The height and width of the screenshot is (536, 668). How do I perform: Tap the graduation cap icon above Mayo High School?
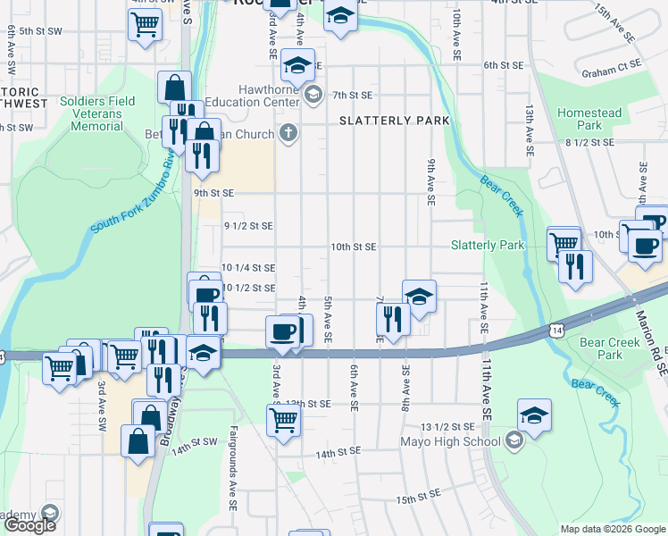click(534, 415)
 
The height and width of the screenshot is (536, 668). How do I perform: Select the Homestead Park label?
click(589, 119)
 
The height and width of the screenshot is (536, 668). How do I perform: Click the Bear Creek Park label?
click(601, 348)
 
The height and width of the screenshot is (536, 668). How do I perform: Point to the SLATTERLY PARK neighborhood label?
click(393, 121)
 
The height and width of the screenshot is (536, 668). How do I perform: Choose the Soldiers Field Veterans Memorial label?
click(97, 113)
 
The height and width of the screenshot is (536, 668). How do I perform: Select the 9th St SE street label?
click(213, 193)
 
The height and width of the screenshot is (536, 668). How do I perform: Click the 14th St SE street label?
click(338, 454)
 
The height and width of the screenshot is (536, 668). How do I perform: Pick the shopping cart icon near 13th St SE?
click(283, 419)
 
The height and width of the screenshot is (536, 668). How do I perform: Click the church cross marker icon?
click(288, 134)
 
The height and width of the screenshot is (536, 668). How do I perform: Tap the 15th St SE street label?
click(420, 495)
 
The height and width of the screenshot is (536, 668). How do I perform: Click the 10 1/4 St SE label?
click(247, 267)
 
